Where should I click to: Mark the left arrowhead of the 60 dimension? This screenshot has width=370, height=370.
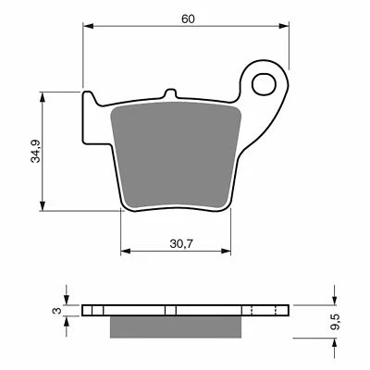[x=88, y=28]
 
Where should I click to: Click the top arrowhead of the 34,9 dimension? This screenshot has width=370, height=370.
[x=43, y=95]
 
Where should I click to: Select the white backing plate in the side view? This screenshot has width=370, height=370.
[x=139, y=310]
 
